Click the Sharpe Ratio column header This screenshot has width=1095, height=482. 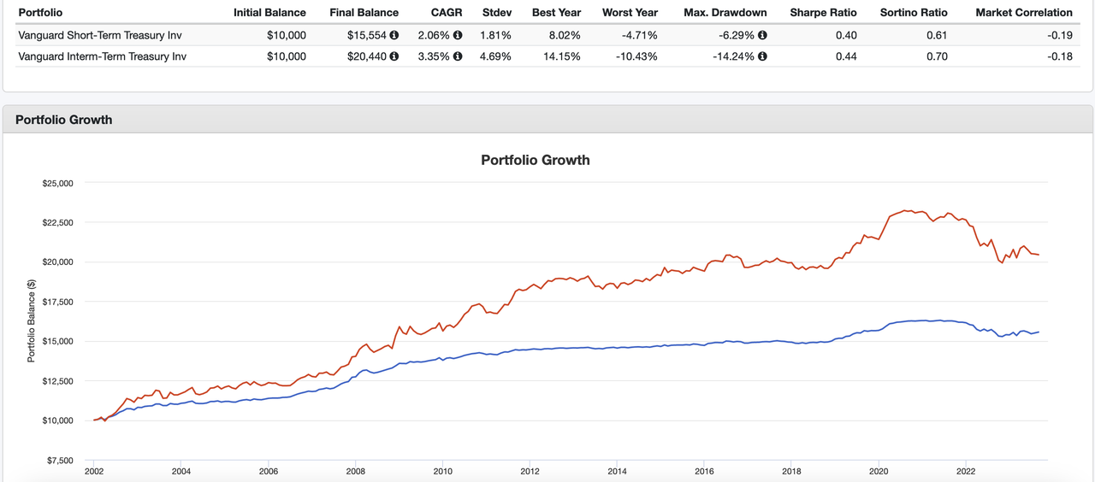pyautogui.click(x=823, y=13)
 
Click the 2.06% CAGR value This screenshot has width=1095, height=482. pyautogui.click(x=433, y=35)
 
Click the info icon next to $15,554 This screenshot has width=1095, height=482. pyautogui.click(x=394, y=35)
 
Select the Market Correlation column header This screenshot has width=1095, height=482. pyautogui.click(x=1024, y=13)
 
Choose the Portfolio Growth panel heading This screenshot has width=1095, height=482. pyautogui.click(x=64, y=120)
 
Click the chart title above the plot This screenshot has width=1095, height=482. pyautogui.click(x=536, y=160)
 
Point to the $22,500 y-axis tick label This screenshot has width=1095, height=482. pyautogui.click(x=57, y=223)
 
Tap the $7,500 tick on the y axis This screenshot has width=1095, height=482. pyautogui.click(x=59, y=461)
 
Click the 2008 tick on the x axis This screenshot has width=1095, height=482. pyautogui.click(x=356, y=471)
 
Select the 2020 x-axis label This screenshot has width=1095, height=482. pyautogui.click(x=879, y=471)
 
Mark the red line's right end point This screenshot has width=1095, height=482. pyautogui.click(x=1039, y=255)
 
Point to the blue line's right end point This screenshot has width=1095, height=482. pyautogui.click(x=1039, y=332)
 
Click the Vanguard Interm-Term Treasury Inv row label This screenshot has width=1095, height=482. pyautogui.click(x=102, y=56)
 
